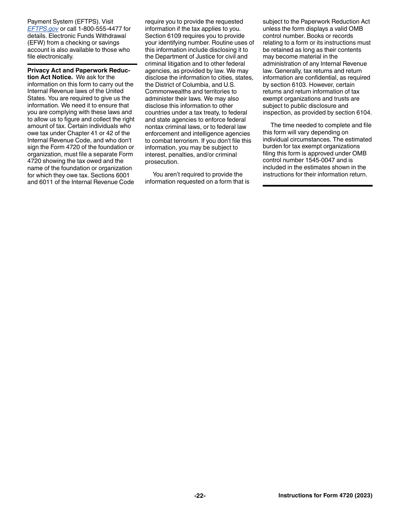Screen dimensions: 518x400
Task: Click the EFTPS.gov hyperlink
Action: click(x=43, y=29)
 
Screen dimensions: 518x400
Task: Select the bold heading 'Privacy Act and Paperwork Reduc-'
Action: click(x=79, y=70)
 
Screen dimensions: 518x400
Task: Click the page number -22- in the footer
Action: click(x=200, y=496)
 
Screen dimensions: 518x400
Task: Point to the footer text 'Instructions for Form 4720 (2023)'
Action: click(x=325, y=496)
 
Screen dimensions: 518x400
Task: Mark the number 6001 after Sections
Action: click(x=123, y=175)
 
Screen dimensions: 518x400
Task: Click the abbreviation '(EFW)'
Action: click(x=37, y=43)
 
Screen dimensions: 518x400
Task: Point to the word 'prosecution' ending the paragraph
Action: click(x=162, y=162)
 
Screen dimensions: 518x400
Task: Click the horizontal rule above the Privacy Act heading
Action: click(x=82, y=64)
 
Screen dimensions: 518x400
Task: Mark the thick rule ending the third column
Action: click(x=317, y=186)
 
